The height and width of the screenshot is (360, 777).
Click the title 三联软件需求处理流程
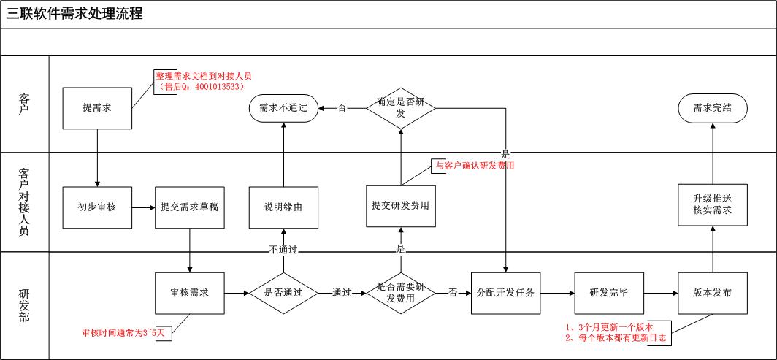pos(75,14)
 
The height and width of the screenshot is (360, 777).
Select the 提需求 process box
pos(96,108)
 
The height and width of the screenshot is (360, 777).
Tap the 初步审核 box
pos(96,207)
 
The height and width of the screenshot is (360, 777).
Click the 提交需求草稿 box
pos(189,207)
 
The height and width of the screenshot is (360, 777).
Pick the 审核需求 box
pos(189,293)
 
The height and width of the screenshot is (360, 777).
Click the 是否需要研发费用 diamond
pos(400,293)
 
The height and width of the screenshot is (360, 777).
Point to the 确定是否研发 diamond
pos(400,108)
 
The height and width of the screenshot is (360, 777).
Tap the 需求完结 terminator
pos(712,108)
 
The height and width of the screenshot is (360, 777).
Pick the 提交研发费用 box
pos(400,205)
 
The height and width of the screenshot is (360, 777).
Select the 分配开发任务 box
pos(505,293)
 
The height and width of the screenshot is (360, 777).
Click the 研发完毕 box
pos(609,293)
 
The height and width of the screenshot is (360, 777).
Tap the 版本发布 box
pos(712,293)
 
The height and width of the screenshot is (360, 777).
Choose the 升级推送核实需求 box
pos(712,204)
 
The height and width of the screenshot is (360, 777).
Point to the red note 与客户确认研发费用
pos(475,166)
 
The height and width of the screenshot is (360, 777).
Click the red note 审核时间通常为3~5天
pos(126,333)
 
